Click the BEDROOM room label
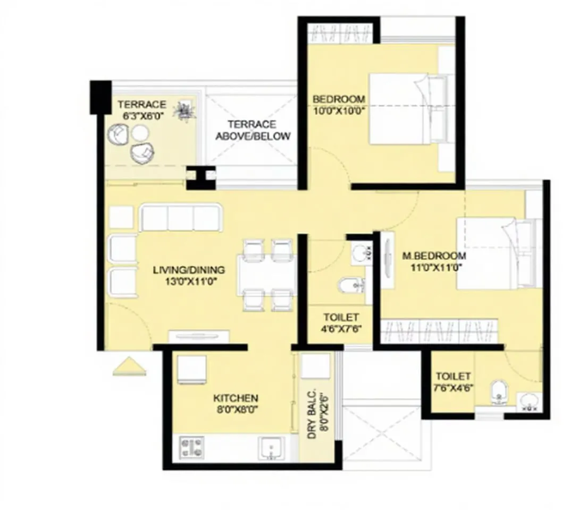point(339,99)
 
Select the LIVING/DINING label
point(189,270)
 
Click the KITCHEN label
point(236,398)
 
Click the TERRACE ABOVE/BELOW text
point(253,130)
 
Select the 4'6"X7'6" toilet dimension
point(341,329)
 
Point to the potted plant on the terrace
point(186,111)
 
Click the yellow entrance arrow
point(129,367)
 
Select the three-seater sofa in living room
point(180,218)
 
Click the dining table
point(266,275)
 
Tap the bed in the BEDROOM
point(407,108)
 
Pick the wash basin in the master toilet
point(529,402)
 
